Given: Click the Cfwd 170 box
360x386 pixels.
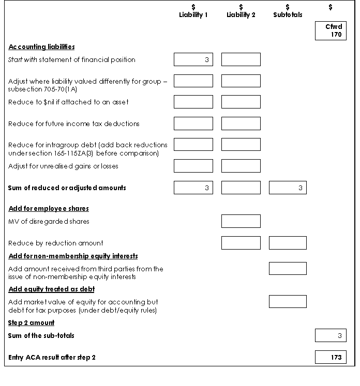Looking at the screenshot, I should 331,30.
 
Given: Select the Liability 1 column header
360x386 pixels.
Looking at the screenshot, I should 193,11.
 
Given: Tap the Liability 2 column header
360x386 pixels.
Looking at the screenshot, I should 241,11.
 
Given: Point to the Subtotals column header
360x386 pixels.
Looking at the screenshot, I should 288,11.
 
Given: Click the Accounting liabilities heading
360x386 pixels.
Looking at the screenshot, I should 41,47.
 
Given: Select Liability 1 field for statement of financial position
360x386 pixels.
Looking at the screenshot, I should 193,59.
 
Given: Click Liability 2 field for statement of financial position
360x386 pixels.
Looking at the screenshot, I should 241,59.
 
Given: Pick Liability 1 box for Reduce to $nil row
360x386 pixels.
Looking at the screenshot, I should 193,102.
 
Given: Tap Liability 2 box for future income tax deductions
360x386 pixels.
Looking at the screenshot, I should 241,123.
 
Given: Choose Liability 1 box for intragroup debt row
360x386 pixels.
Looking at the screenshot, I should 193,145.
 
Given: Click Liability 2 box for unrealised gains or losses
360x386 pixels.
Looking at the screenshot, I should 241,166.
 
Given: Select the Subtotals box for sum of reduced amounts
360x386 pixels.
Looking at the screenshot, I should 288,188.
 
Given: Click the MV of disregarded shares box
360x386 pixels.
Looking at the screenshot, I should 241,221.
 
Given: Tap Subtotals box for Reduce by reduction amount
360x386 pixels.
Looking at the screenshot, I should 288,243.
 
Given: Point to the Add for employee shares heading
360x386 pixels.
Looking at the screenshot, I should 49,209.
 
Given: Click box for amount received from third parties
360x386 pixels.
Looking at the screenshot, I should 288,269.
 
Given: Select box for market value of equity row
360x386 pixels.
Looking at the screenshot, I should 288,302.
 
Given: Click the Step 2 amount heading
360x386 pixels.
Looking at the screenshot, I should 31,323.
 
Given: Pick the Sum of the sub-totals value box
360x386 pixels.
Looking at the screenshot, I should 331,336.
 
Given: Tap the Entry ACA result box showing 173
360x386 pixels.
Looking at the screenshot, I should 331,357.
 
